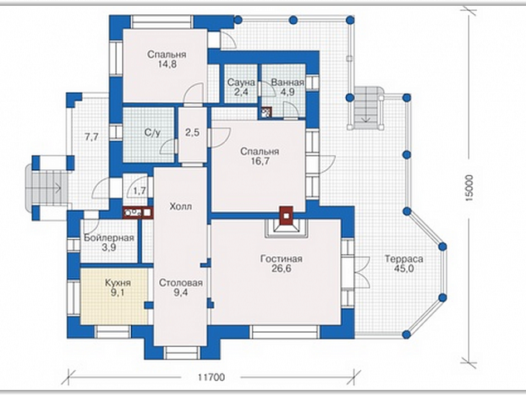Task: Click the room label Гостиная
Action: [281, 259]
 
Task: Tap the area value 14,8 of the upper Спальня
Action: [167, 64]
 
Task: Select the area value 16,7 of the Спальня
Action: [260, 161]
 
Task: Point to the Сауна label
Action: [241, 82]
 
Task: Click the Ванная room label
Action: [288, 82]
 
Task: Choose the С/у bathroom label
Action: [153, 133]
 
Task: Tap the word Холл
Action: [181, 206]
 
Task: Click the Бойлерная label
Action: [109, 238]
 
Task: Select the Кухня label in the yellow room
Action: [118, 283]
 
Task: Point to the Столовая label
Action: [181, 283]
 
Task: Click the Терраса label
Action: [404, 259]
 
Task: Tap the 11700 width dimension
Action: [211, 378]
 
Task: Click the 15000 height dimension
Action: [469, 188]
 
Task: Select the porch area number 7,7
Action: [91, 137]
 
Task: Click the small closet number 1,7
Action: [139, 191]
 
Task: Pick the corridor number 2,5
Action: [192, 132]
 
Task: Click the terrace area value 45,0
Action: [404, 269]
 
